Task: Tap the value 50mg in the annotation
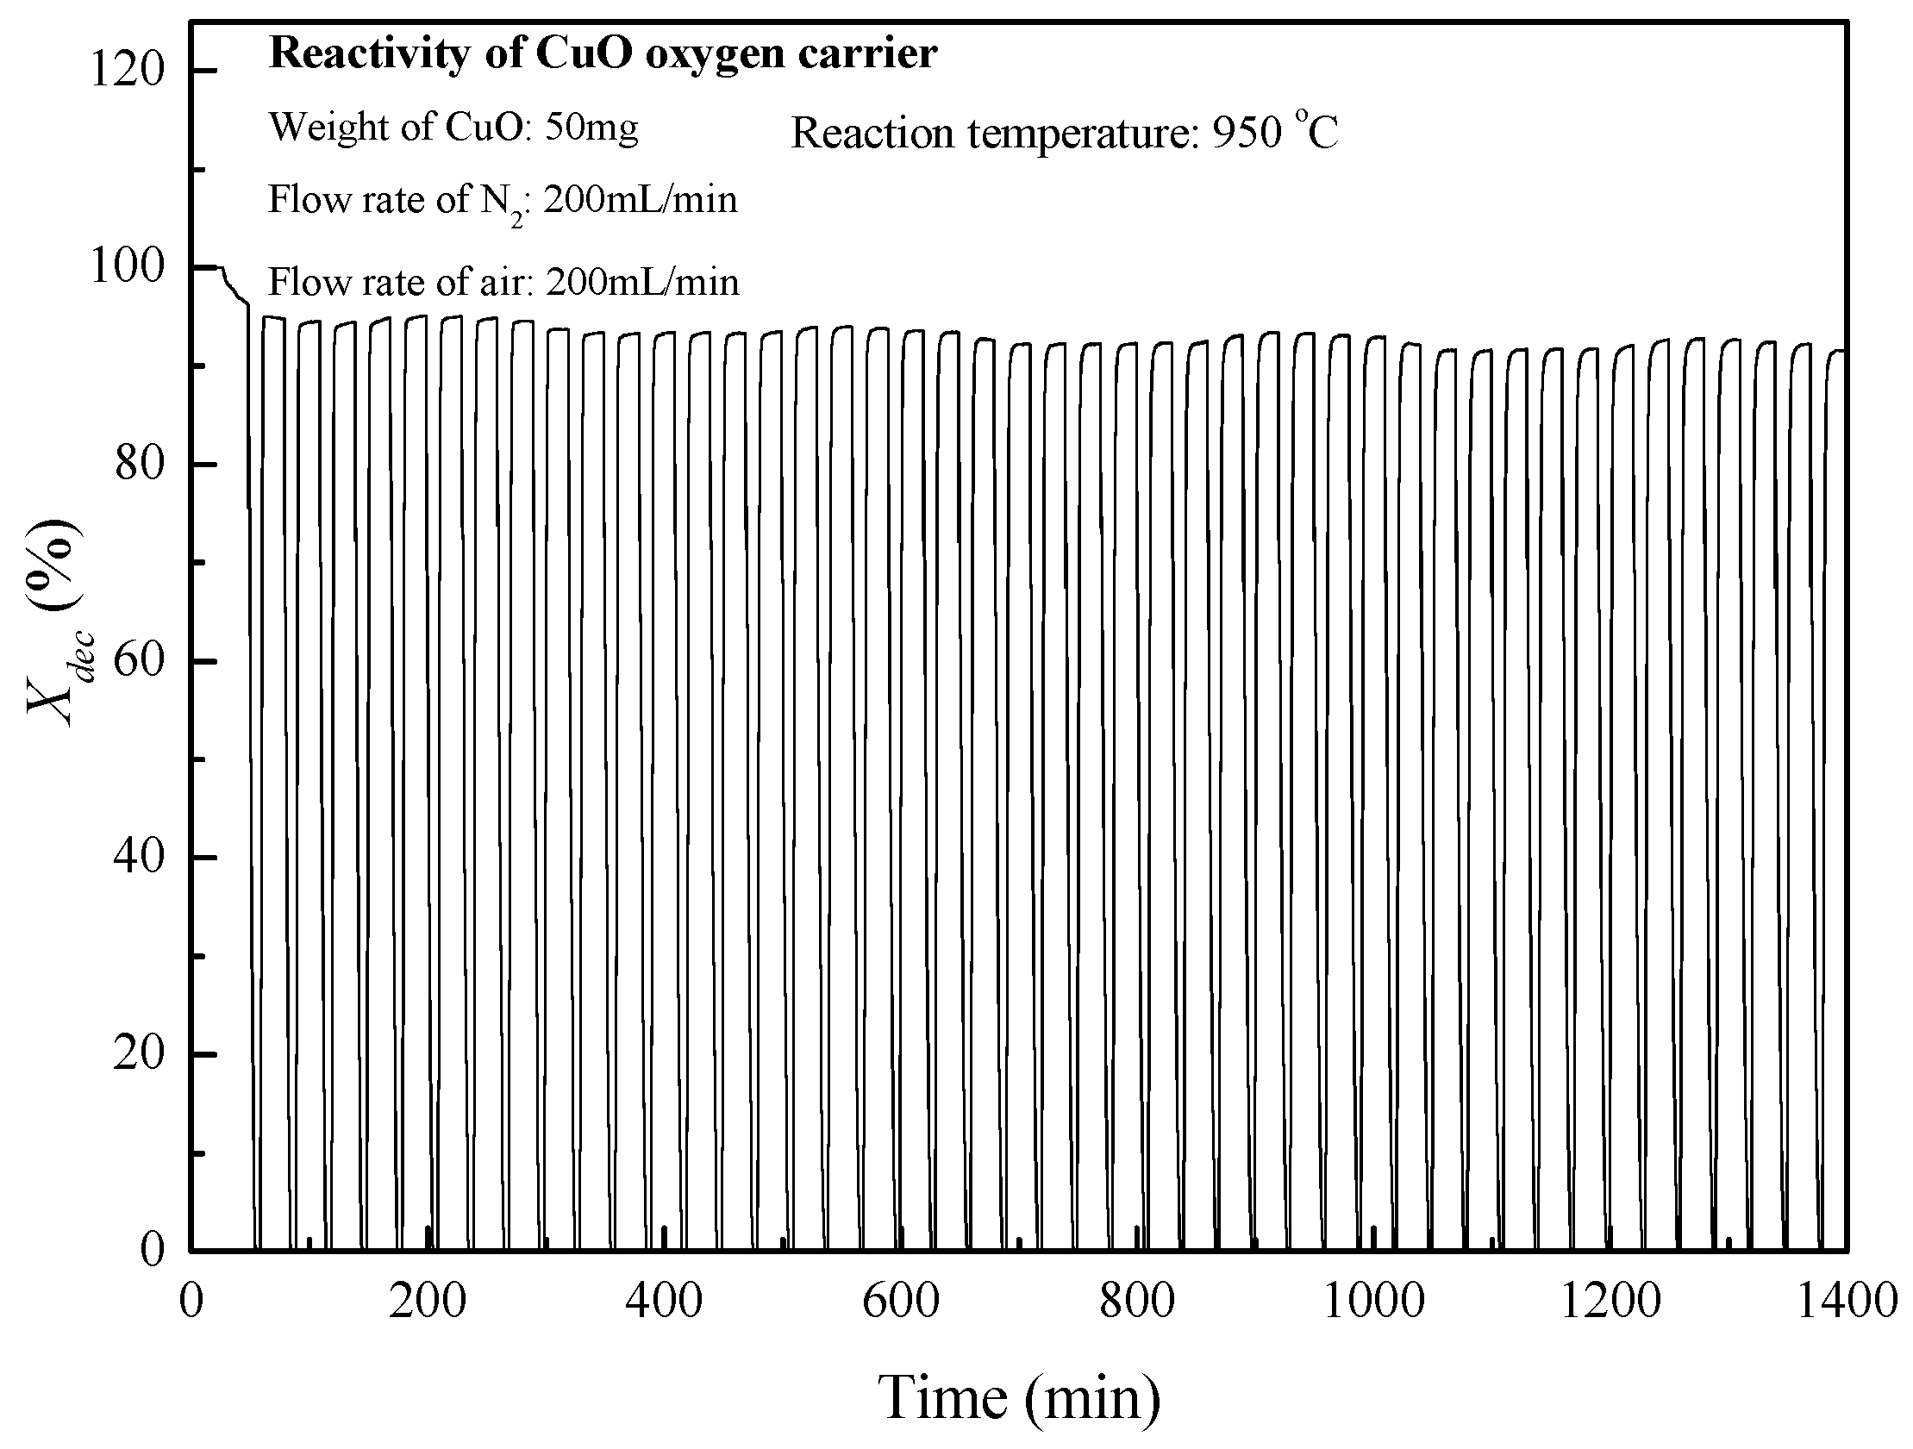[x=592, y=128]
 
